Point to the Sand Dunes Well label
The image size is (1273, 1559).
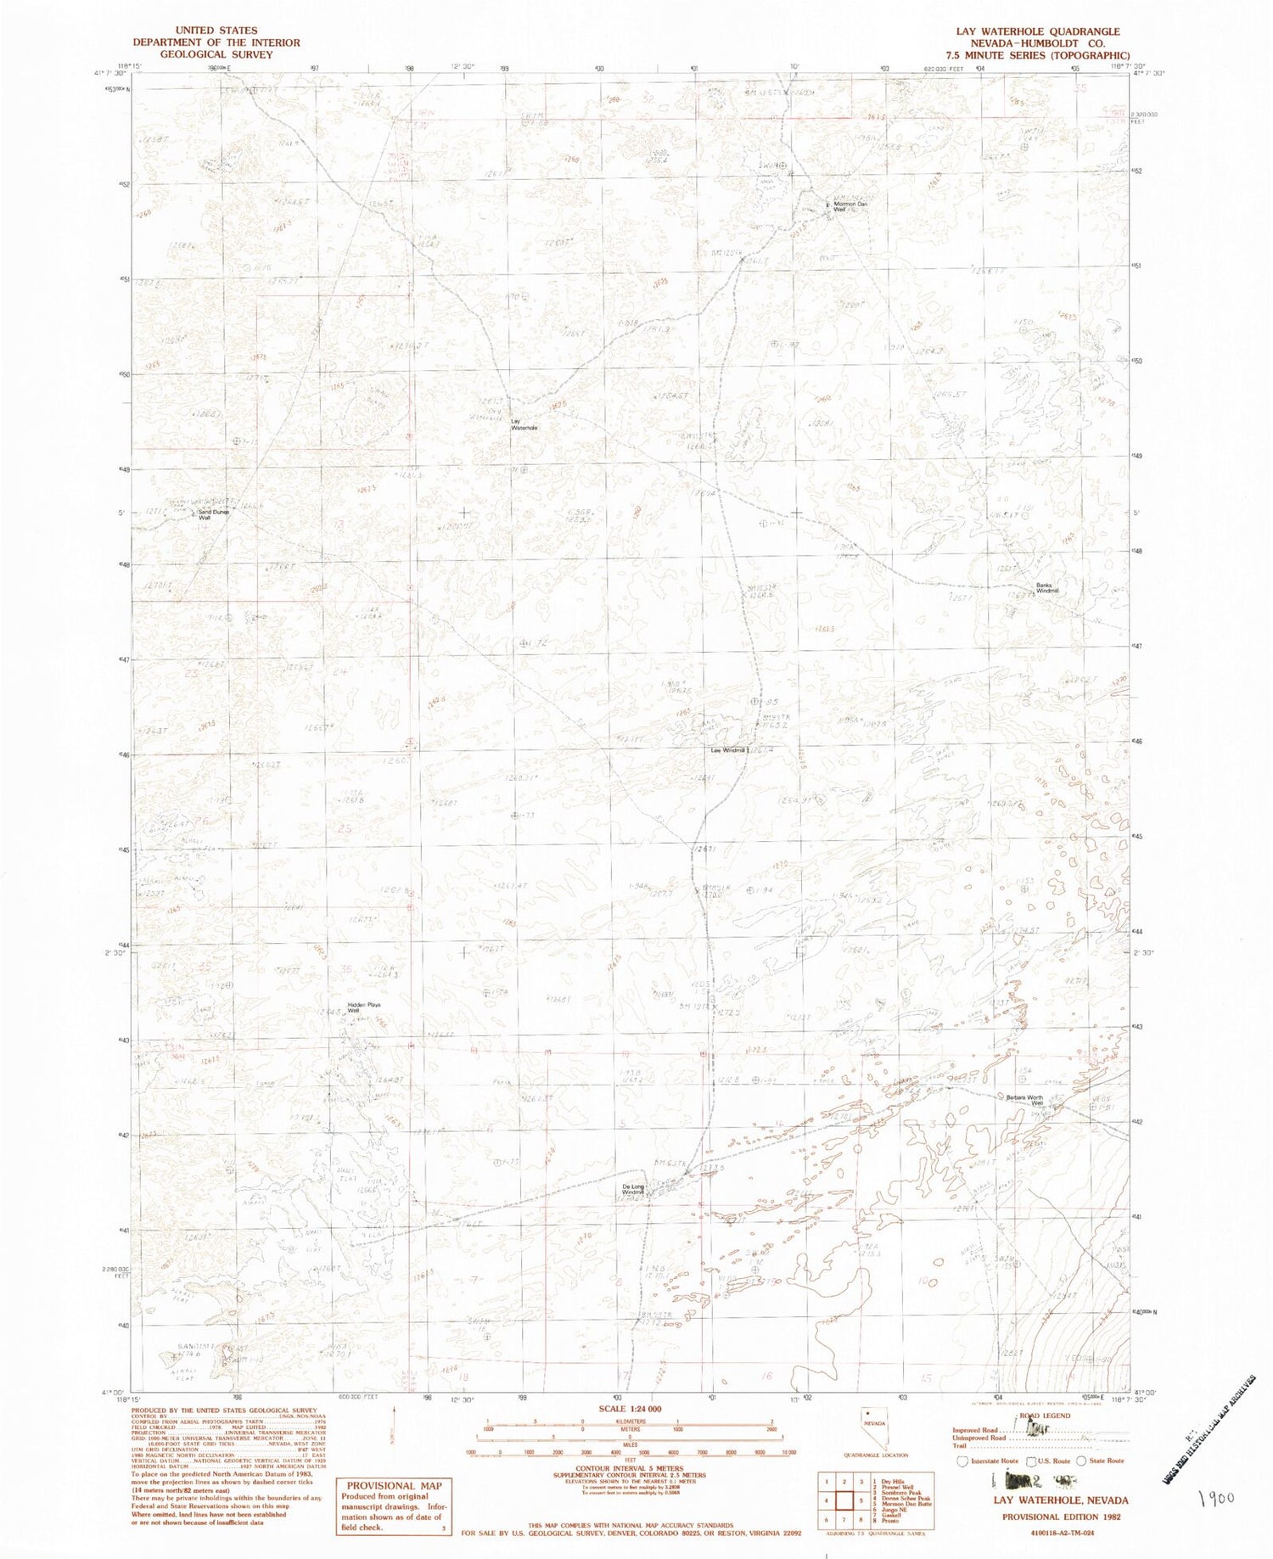tap(214, 514)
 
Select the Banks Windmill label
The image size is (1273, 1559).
tap(1047, 588)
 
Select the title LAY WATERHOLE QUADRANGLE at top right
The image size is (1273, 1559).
tap(1037, 31)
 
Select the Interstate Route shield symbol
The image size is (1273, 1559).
tap(962, 1461)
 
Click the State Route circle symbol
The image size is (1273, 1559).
tap(1081, 1461)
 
